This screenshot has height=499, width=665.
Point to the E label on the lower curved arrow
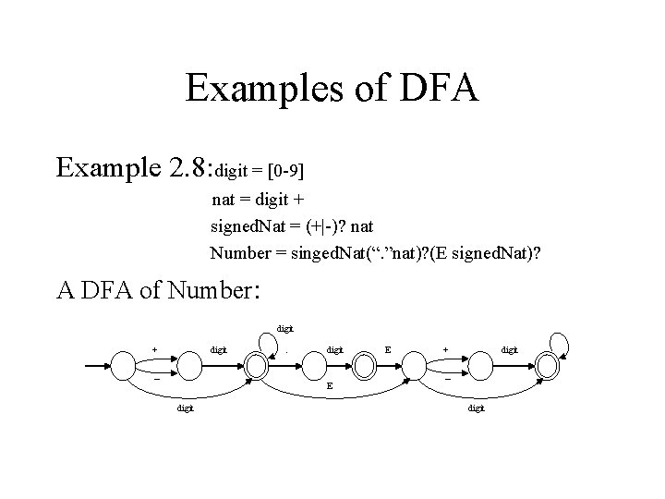[330, 387]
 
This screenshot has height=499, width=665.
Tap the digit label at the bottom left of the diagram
[186, 408]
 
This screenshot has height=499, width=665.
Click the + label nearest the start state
[154, 349]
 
